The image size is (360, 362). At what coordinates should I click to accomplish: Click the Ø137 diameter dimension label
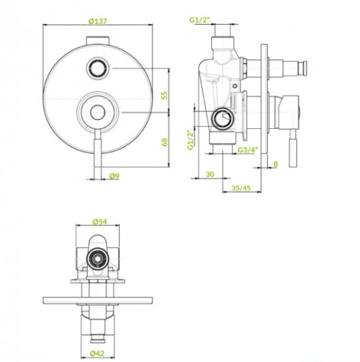[98, 21]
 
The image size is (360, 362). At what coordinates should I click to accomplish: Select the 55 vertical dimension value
[164, 95]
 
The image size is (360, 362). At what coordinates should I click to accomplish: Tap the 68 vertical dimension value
[164, 142]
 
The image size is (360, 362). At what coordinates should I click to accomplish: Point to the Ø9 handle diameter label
[115, 176]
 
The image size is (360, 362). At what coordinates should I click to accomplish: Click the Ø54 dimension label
[100, 222]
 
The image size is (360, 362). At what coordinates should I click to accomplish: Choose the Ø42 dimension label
[97, 353]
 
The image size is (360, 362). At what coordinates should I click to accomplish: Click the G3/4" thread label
[248, 149]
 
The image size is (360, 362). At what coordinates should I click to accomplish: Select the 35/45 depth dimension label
[241, 188]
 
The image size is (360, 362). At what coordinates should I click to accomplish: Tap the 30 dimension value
[210, 174]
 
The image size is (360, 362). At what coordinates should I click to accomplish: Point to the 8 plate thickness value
[276, 164]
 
